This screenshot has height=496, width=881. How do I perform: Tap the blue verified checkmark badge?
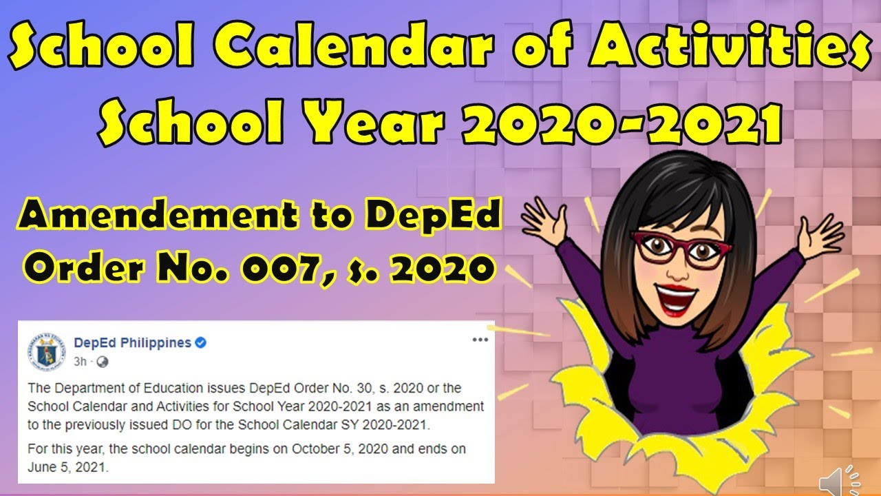(201, 343)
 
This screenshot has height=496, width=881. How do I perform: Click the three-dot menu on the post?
(480, 340)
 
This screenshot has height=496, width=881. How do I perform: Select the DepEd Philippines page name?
(132, 343)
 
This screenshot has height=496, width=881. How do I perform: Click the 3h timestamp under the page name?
(80, 361)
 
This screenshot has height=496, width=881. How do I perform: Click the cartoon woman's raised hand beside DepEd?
(543, 214)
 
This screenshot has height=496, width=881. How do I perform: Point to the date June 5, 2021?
(67, 466)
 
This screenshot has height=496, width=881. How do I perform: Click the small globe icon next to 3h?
(102, 361)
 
